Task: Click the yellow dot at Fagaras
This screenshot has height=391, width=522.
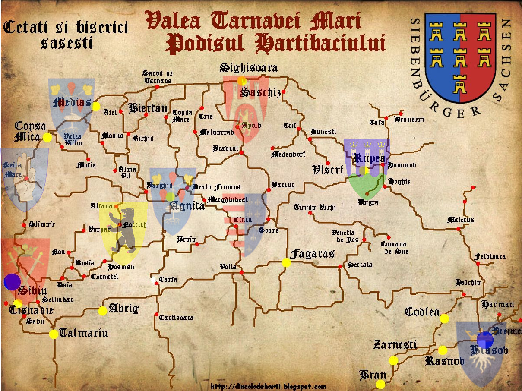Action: [286, 262]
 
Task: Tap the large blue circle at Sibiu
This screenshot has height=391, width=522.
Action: [12, 282]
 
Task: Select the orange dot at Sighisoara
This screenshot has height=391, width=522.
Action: [242, 81]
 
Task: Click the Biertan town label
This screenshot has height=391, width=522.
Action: [148, 108]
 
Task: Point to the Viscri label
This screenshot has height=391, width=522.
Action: [327, 170]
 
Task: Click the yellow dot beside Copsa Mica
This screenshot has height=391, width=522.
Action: [47, 138]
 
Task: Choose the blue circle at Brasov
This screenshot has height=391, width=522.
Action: [485, 340]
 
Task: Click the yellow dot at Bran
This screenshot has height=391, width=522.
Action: [380, 384]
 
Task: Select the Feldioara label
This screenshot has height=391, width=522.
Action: [490, 256]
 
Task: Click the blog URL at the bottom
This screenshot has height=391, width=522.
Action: [268, 387]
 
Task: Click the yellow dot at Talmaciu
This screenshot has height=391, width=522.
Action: [54, 334]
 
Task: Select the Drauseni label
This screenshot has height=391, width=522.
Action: [409, 119]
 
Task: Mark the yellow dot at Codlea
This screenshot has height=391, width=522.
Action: [444, 319]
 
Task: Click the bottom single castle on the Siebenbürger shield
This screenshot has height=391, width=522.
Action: [460, 84]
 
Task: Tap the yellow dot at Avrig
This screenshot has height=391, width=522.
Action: [102, 311]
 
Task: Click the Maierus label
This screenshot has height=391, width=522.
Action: [460, 220]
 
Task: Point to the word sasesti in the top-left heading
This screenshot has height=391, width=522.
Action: [67, 43]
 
